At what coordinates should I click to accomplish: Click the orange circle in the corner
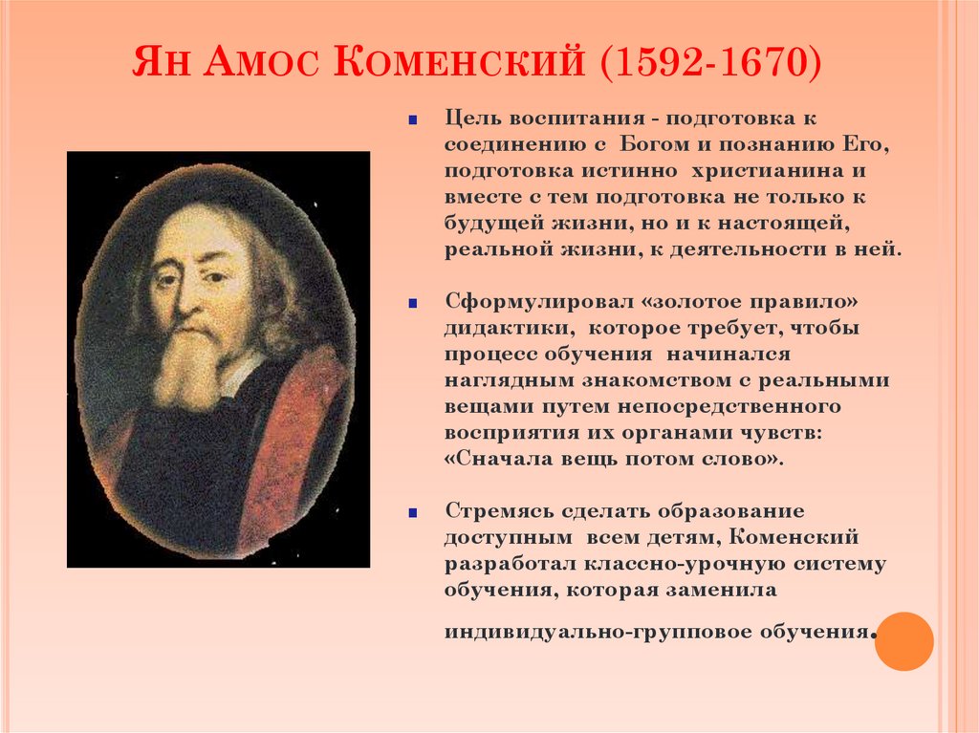(x=903, y=640)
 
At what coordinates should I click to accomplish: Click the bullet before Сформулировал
(x=412, y=303)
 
